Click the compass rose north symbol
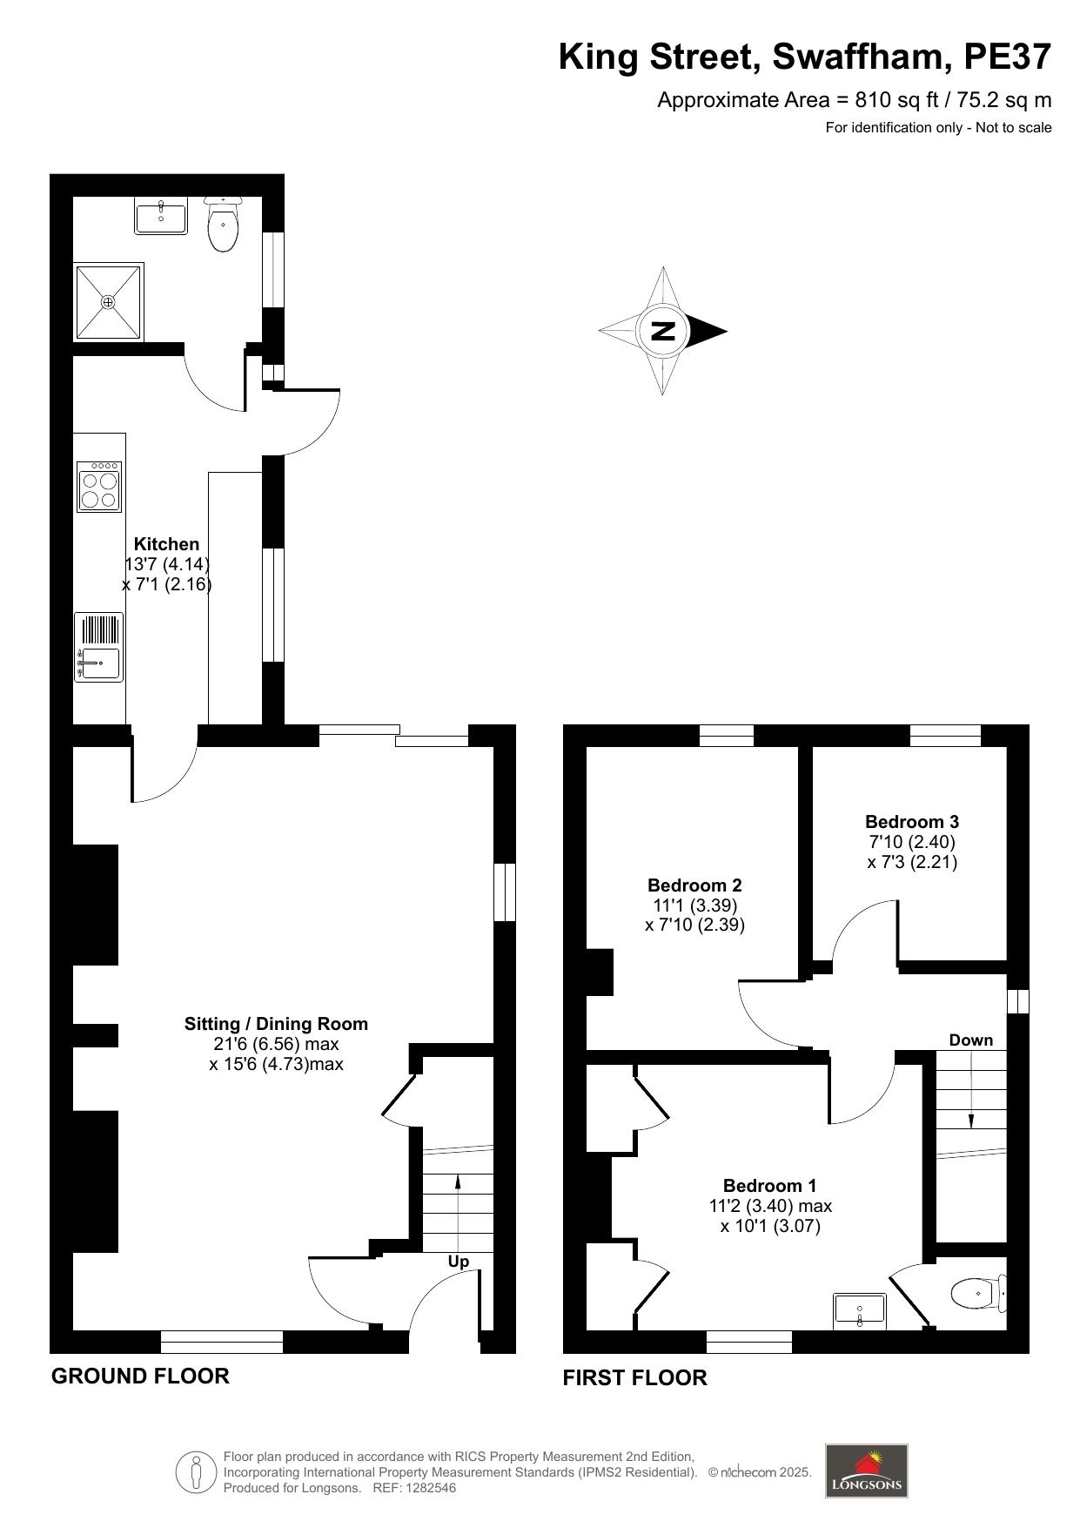(x=663, y=331)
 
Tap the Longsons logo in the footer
(x=866, y=1471)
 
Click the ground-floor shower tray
(x=109, y=301)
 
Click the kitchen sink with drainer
(x=99, y=647)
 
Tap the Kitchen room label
(x=166, y=544)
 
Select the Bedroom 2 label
(x=694, y=885)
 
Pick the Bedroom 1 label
(x=770, y=1185)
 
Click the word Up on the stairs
(x=459, y=1262)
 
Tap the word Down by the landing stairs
(x=971, y=1040)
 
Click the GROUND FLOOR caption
(x=140, y=1376)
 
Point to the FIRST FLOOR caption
(x=635, y=1377)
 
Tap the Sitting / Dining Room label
(x=276, y=1024)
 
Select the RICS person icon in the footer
(x=197, y=1471)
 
